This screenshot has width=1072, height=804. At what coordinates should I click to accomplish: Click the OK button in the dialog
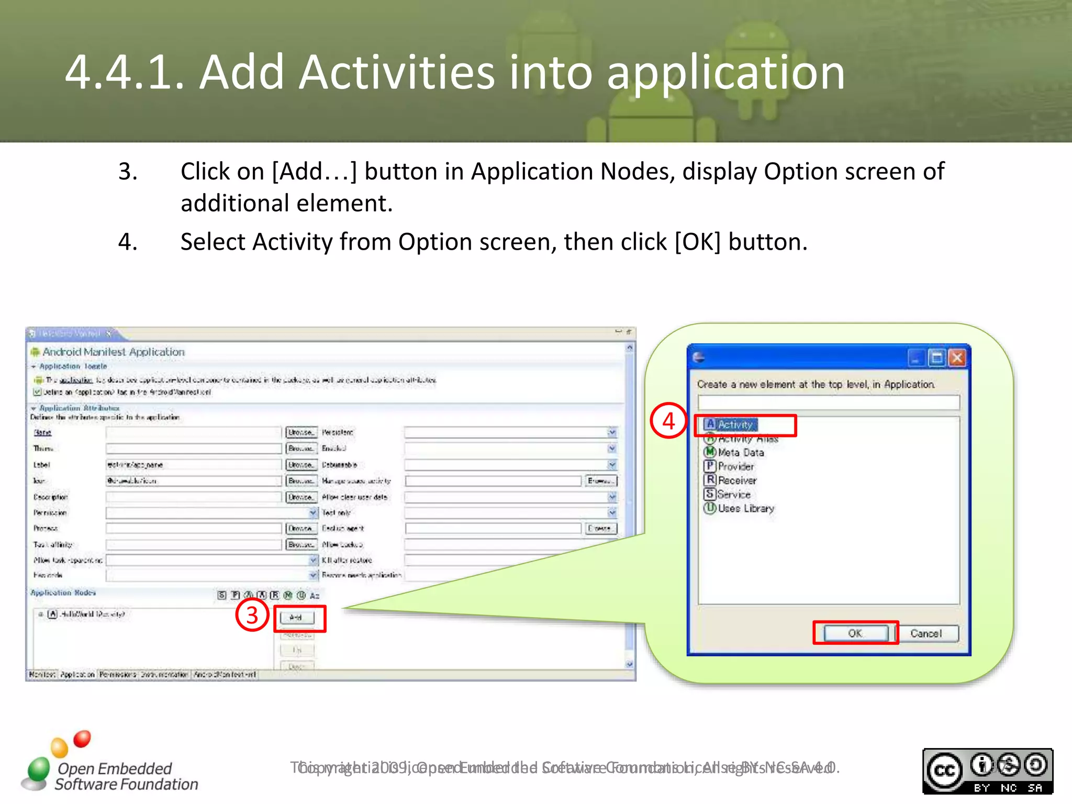855,633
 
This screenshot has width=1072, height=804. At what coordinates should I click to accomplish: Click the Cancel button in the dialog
925,633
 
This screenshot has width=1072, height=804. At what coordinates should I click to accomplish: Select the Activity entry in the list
735,425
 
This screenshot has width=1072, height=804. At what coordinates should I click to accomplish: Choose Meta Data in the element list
740,452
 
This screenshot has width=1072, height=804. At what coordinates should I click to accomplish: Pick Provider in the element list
735,466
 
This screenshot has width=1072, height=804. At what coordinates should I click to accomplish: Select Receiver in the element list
736,480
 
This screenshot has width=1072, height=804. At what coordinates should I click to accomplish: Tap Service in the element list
733,494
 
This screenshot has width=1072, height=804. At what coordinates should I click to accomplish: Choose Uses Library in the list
745,508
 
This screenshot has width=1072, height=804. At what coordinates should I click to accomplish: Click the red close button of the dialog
957,358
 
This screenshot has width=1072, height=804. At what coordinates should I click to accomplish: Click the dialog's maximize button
936,358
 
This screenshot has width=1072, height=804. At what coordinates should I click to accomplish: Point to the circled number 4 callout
668,421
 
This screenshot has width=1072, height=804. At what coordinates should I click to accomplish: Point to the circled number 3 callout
252,615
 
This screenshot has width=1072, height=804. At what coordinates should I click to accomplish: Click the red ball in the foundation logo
82,739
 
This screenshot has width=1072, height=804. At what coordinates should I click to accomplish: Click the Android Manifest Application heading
113,352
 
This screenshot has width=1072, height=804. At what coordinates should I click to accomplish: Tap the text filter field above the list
828,403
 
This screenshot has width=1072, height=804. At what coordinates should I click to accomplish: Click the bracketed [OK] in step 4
697,242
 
